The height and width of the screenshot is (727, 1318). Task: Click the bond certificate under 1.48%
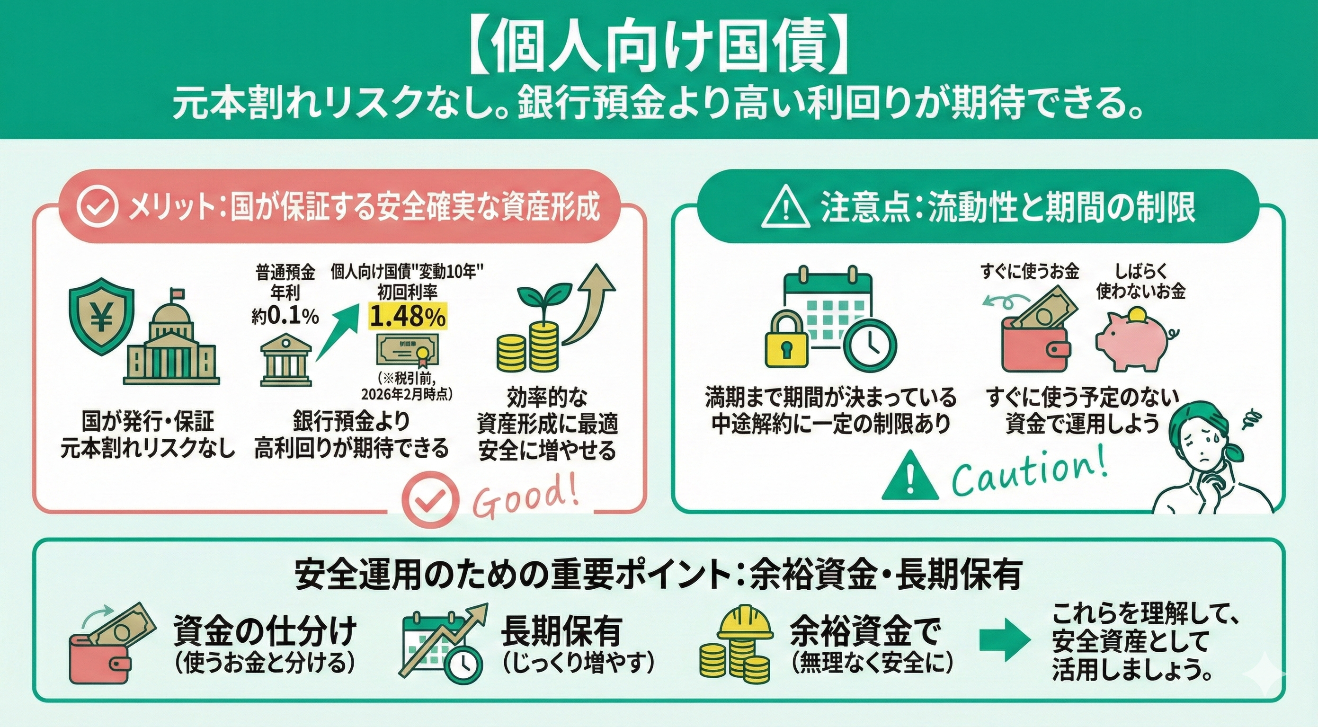[407, 353]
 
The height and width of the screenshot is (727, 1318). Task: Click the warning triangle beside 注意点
[785, 208]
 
